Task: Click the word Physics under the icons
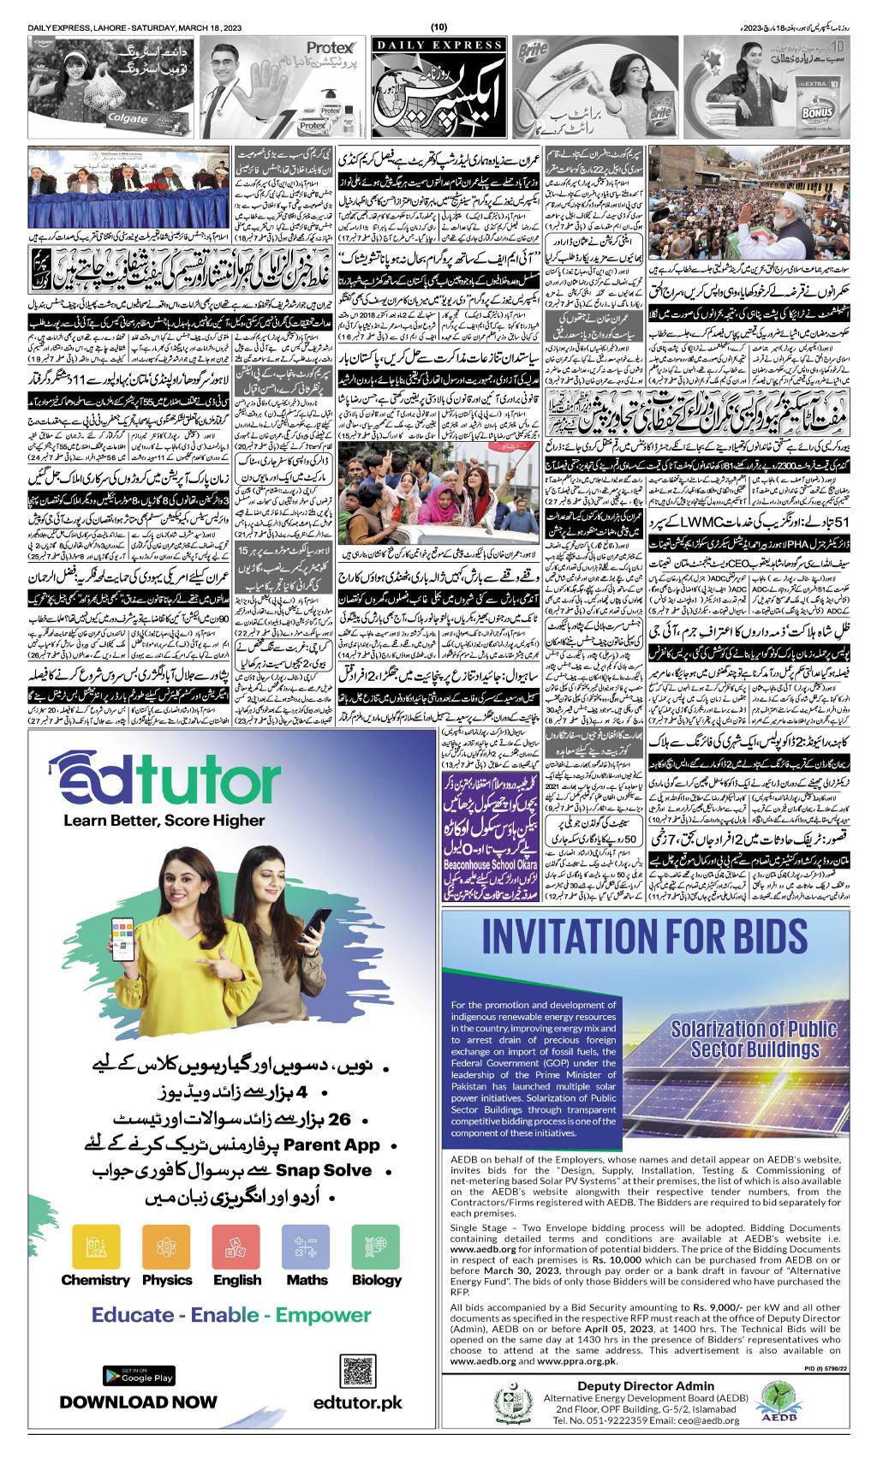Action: tap(167, 1280)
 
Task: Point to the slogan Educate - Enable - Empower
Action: tap(231, 1315)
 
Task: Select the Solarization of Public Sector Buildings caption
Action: tap(745, 1038)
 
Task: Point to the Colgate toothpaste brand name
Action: tap(125, 120)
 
